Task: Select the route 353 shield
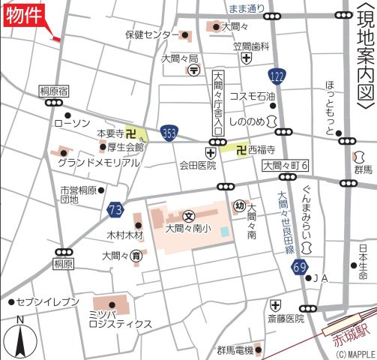click(x=169, y=132)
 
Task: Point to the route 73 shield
click(x=115, y=208)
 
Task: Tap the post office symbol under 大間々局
click(x=193, y=70)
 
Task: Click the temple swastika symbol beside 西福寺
click(x=241, y=150)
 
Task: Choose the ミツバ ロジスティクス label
click(x=120, y=319)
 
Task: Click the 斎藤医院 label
click(x=286, y=319)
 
